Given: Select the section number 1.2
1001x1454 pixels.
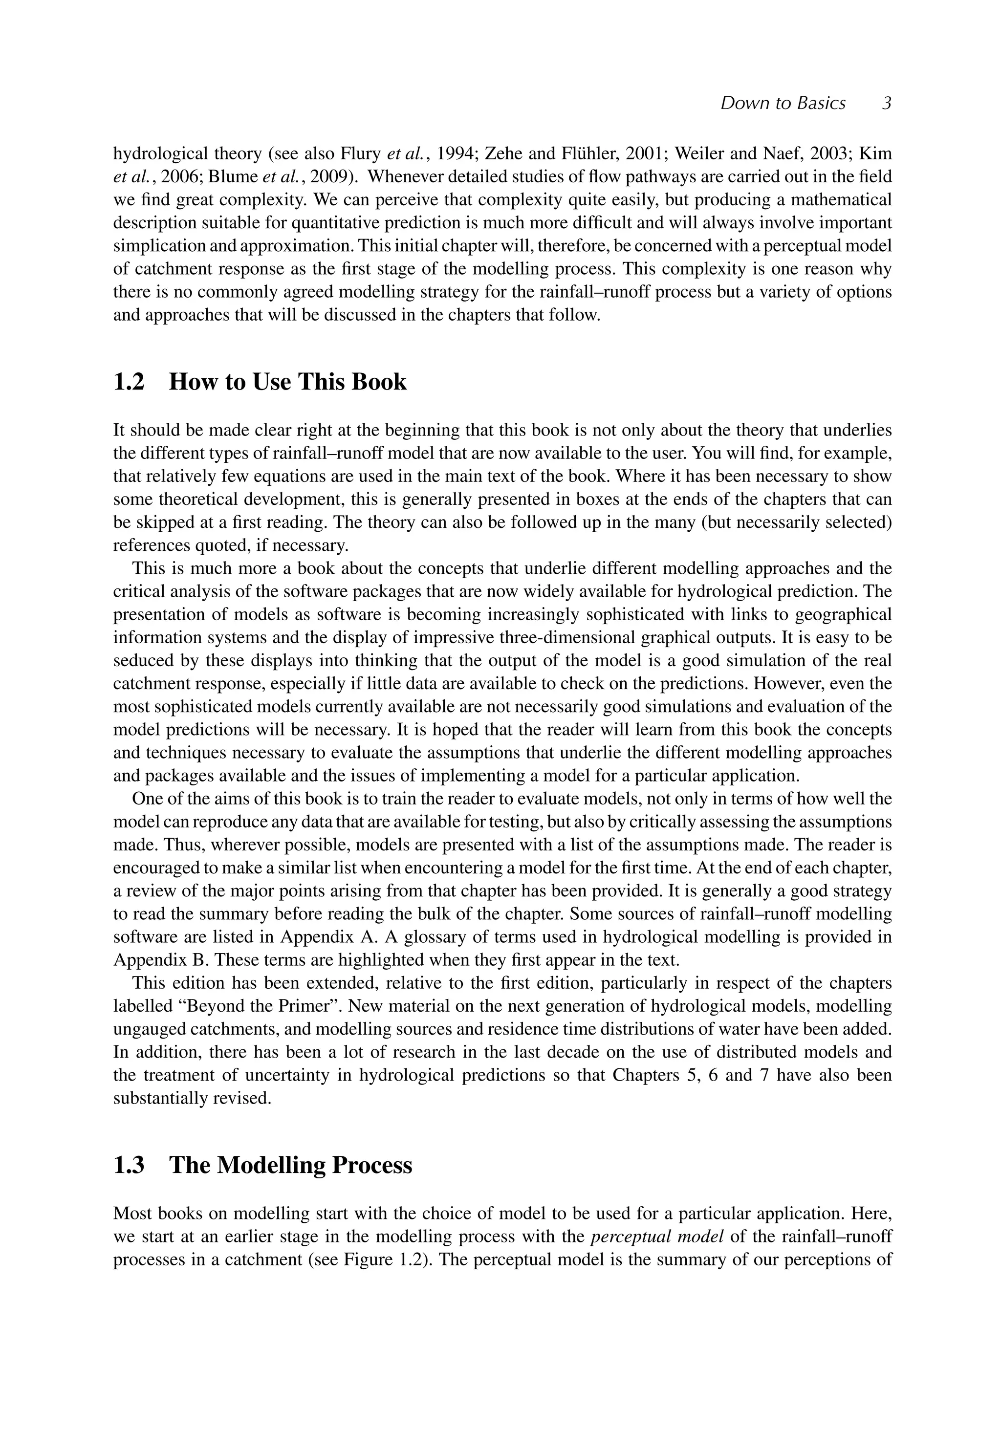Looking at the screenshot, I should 129,382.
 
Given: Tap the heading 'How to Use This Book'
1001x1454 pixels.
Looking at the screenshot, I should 287,382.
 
